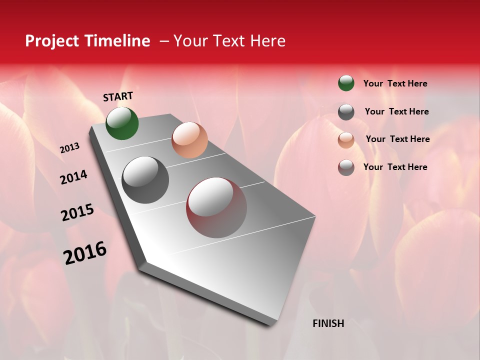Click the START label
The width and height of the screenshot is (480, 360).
point(118,96)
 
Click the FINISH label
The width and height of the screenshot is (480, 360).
point(328,323)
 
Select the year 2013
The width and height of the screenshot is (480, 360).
point(69,148)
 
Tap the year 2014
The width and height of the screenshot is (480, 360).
point(73,177)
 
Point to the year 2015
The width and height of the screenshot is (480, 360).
point(77,212)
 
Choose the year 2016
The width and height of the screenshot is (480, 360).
point(85,253)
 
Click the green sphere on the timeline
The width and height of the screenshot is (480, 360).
point(122,123)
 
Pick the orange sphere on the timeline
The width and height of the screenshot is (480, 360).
point(189,140)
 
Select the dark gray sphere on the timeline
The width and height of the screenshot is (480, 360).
point(145,180)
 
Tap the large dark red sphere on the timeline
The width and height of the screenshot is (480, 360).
point(216,207)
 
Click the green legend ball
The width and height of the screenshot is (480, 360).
point(346,83)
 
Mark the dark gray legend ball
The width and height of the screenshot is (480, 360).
point(346,112)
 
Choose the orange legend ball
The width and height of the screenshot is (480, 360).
point(346,140)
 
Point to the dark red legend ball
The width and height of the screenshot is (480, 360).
point(346,167)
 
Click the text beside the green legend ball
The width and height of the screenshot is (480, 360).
point(395,84)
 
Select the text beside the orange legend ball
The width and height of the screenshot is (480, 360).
point(397,139)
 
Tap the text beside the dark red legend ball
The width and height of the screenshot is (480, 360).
point(395,167)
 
